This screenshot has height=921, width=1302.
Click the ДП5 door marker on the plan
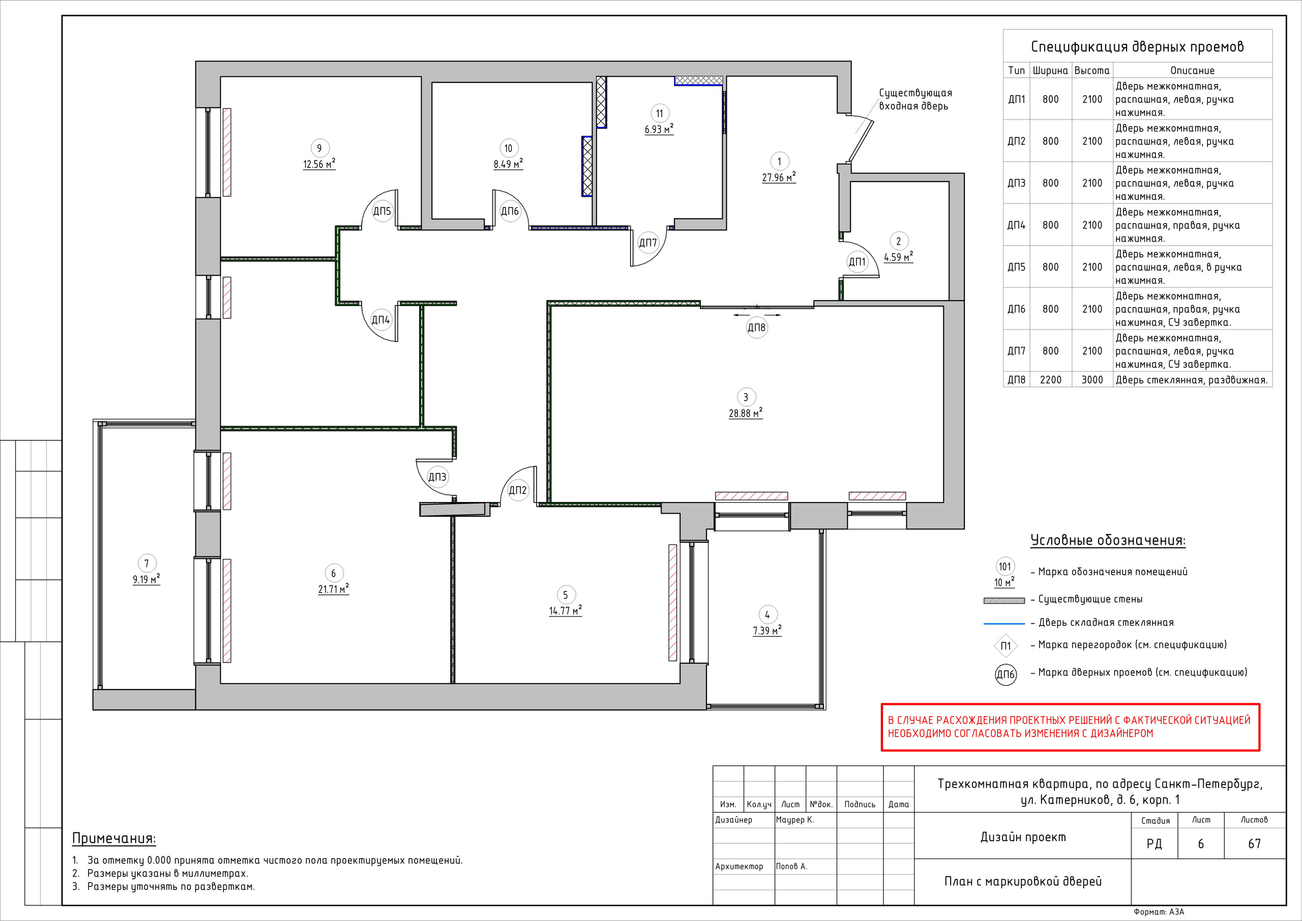click(382, 212)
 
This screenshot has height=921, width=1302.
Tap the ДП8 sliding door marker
click(756, 327)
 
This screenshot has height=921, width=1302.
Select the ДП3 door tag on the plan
click(437, 477)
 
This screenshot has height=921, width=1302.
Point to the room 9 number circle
click(319, 148)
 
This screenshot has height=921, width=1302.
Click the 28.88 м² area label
click(746, 413)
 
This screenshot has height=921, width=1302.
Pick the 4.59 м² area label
click(898, 257)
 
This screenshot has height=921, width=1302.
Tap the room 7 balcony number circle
click(146, 563)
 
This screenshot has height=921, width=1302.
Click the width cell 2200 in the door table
click(1050, 380)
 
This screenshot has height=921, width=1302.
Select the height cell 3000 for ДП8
click(1092, 380)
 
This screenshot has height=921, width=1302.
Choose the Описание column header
click(1193, 70)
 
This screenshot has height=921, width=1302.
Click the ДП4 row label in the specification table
click(1016, 225)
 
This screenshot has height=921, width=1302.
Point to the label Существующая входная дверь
click(915, 99)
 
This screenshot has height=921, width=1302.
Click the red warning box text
click(1069, 727)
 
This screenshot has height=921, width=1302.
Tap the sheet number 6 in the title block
click(1200, 844)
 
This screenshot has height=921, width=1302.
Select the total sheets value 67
click(1254, 844)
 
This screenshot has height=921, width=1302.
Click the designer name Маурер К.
click(794, 819)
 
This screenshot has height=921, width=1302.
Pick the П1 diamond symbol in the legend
click(1005, 646)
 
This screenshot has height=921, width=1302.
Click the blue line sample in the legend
click(1004, 623)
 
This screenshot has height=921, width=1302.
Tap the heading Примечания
click(114, 838)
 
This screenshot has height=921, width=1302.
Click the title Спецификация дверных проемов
click(1138, 46)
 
